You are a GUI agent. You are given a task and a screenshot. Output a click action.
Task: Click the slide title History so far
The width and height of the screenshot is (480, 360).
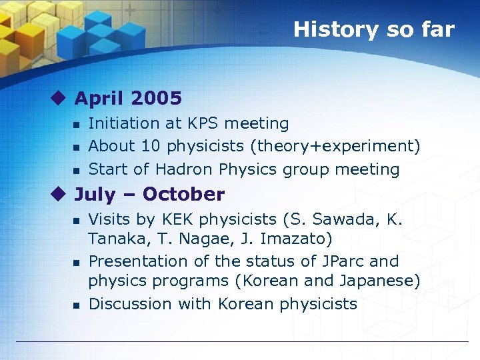pyautogui.click(x=373, y=29)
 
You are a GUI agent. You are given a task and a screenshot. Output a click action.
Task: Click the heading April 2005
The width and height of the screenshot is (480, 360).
pyautogui.click(x=128, y=99)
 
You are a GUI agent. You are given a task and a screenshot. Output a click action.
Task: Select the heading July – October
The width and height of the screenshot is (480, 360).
pyautogui.click(x=149, y=195)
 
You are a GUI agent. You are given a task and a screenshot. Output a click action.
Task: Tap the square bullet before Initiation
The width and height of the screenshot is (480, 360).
pyautogui.click(x=76, y=125)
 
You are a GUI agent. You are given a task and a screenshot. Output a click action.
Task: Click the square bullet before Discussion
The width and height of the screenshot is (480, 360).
pyautogui.click(x=76, y=305)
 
